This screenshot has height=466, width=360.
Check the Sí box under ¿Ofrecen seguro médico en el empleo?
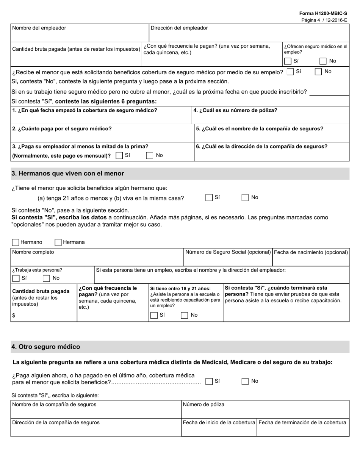click(288, 61)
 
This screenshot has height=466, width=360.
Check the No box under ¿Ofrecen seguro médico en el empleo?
click(323, 61)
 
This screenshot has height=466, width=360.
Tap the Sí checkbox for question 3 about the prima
click(119, 155)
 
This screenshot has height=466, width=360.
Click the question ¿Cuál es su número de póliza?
click(235, 110)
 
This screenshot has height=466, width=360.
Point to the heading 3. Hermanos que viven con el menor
click(68, 174)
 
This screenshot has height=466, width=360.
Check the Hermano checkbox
click(16, 242)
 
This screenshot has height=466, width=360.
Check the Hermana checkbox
click(58, 242)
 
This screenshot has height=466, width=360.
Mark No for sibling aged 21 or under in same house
click(246, 197)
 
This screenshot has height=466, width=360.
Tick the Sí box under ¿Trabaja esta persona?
click(16, 278)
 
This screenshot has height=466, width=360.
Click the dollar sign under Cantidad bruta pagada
click(14, 316)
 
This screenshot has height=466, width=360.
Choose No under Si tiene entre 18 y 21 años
click(185, 315)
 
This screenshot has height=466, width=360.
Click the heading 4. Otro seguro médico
click(46, 347)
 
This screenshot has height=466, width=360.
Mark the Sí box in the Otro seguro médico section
click(209, 382)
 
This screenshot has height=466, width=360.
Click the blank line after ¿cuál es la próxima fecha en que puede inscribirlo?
click(329, 92)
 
